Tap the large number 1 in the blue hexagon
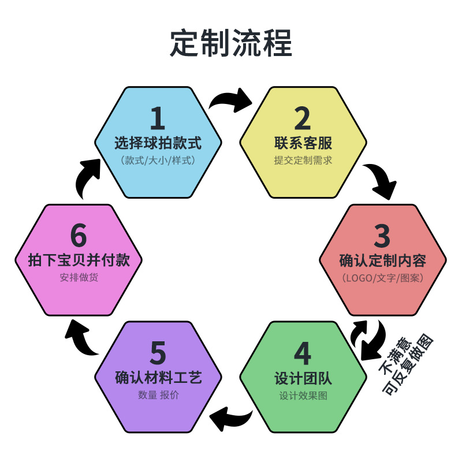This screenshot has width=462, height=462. coord(157,118)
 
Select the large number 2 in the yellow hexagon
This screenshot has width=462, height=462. coord(303,118)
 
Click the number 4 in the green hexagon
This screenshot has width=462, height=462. coord(303,353)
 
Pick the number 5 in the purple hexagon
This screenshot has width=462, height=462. coord(158,353)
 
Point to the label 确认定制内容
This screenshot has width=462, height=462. coord(382,260)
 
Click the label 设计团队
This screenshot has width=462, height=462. coord(303,379)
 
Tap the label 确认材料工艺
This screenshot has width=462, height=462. coord(158,379)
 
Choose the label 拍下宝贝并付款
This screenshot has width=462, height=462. coord(79,260)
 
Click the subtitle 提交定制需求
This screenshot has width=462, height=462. coord(303,161)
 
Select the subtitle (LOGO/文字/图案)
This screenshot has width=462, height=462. coord(382,278)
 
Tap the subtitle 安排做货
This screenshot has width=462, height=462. coord(79,278)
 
